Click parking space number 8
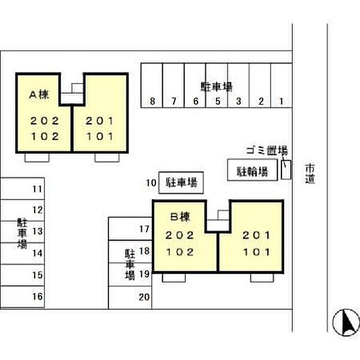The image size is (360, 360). (152, 101)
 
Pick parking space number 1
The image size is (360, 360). (281, 101)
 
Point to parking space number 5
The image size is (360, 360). (217, 101)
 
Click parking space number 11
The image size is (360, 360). (37, 190)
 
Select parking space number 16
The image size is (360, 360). (37, 296)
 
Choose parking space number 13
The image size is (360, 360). (37, 231)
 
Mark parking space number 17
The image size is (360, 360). (144, 229)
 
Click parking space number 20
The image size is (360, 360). (144, 296)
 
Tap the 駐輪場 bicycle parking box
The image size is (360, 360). (252, 170)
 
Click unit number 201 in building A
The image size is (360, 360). (100, 121)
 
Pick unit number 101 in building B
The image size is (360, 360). (257, 252)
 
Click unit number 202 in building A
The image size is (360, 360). (45, 121)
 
